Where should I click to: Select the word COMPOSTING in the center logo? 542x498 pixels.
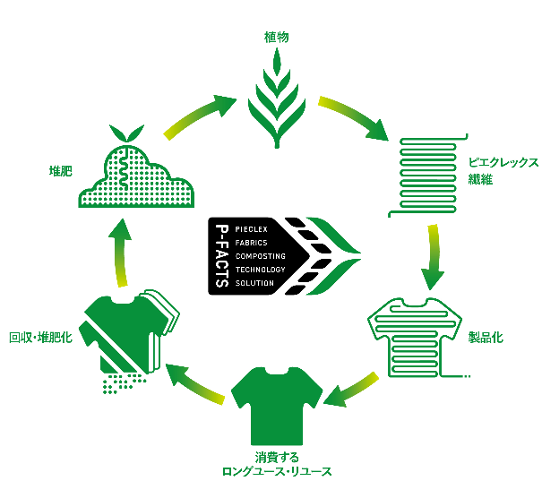point(260,256)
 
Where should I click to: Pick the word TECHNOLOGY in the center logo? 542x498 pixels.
point(260,270)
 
